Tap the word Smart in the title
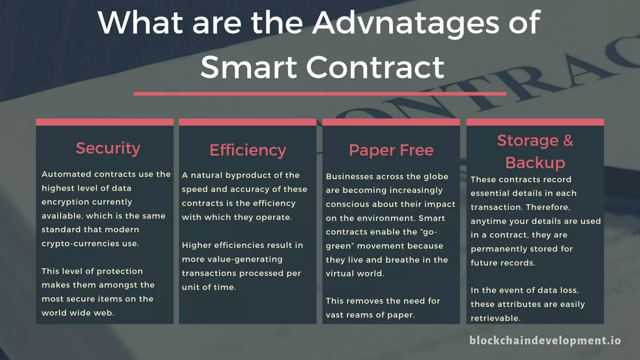point(248,67)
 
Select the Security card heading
point(108,148)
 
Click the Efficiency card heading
point(248,150)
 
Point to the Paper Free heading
point(391,150)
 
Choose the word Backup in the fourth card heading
point(535,162)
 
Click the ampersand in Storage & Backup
point(568,140)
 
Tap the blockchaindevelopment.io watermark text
point(545,340)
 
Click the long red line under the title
point(320,93)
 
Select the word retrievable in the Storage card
point(495,318)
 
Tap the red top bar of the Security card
point(105,122)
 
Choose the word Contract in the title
point(375,67)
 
